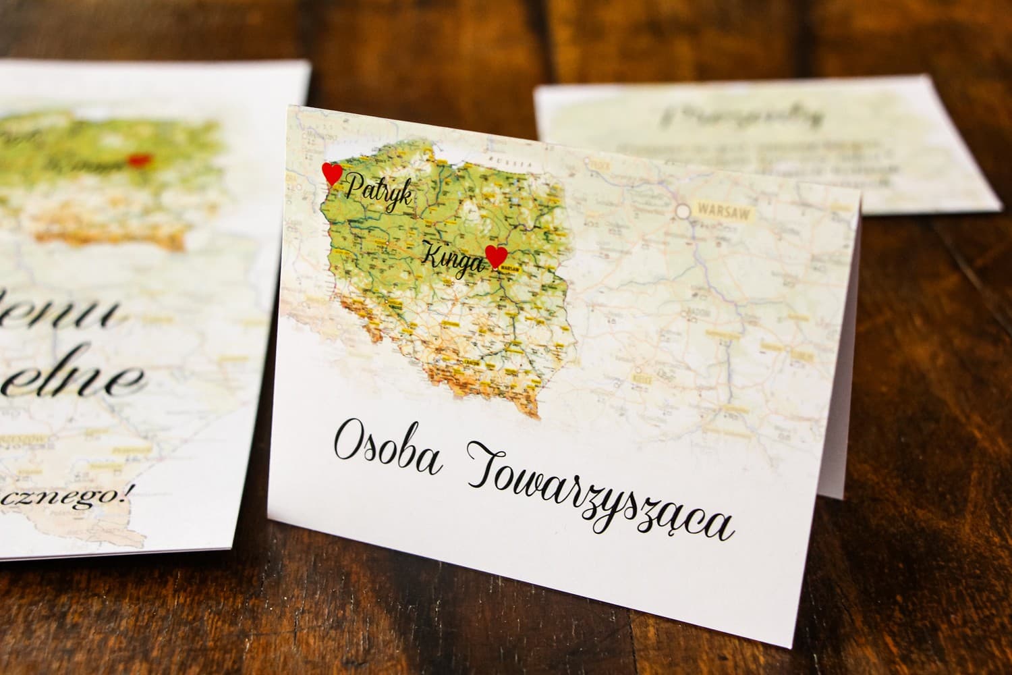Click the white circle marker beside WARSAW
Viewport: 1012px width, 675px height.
(685, 212)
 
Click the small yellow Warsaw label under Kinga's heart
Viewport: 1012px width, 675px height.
(511, 267)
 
